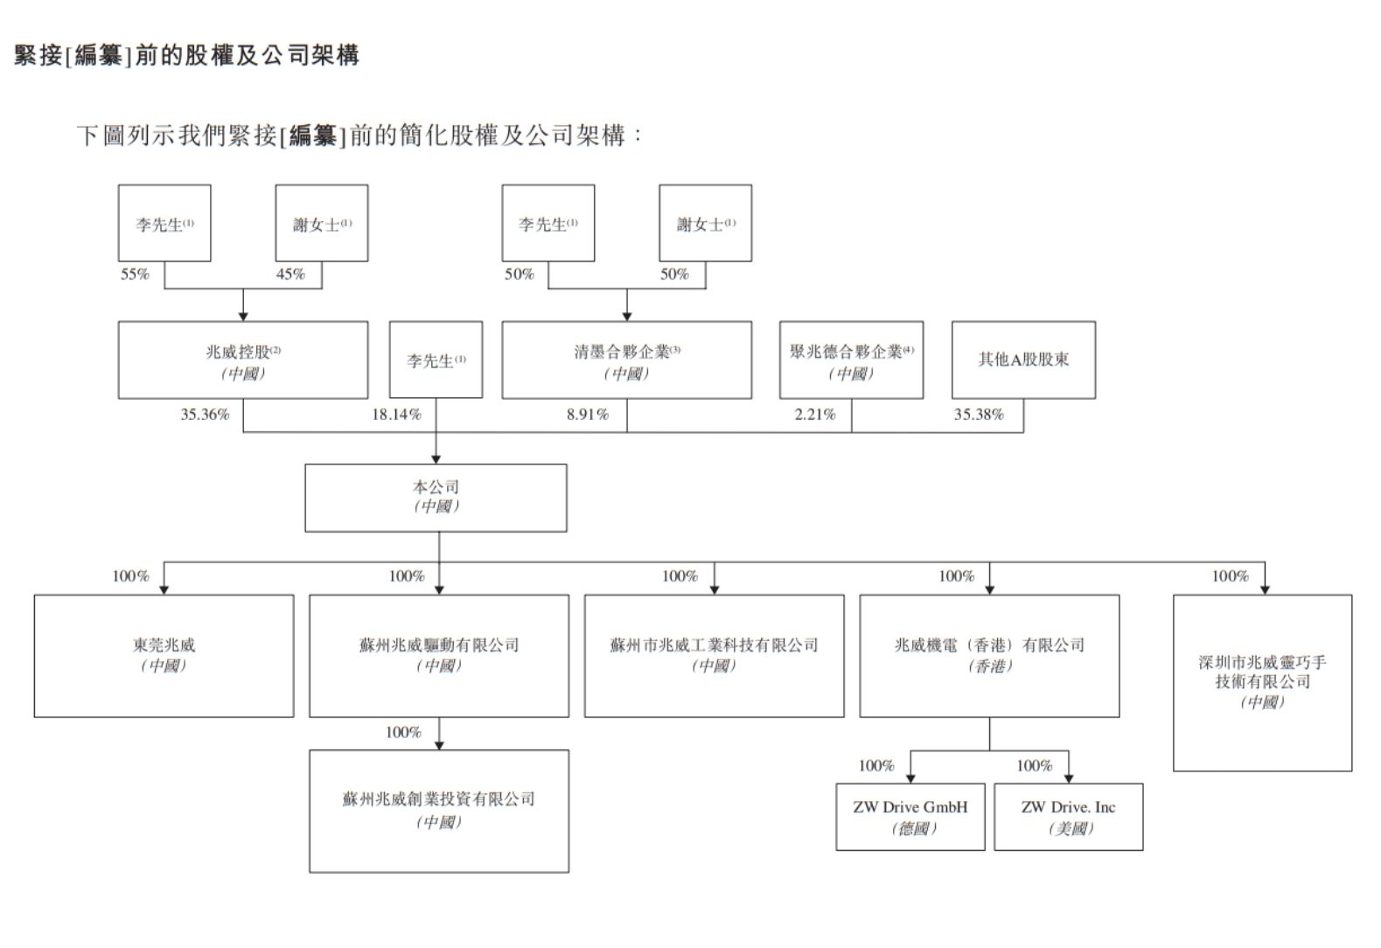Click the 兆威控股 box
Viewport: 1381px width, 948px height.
coord(243,360)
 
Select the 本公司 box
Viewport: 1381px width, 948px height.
coord(436,498)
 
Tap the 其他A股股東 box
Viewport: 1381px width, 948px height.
coord(1023,360)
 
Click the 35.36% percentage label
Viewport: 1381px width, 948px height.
coord(206,415)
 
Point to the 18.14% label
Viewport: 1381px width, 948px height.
coord(396,415)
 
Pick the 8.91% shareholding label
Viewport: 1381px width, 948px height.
coord(588,415)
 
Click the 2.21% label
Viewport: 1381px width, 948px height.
coord(815,415)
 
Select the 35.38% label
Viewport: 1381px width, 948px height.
coord(979,415)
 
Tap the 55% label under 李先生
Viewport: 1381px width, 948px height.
coord(135,275)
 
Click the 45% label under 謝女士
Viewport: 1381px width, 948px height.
coord(290,275)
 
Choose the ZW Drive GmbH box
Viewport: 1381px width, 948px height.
coord(910,817)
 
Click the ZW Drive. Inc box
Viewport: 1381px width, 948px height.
coord(1069,817)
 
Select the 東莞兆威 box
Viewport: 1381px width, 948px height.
coord(164,656)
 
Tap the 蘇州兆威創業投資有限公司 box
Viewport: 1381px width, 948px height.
coord(439,811)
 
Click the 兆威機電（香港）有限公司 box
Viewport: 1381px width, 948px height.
coord(989,656)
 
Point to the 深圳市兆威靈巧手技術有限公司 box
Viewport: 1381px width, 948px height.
coord(1262,682)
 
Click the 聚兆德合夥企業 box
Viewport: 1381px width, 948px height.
coord(851,360)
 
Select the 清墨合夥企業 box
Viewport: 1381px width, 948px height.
coord(626,360)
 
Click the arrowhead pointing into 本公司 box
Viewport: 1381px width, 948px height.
coord(436,458)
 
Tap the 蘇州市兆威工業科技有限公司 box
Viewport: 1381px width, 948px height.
coord(714,656)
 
